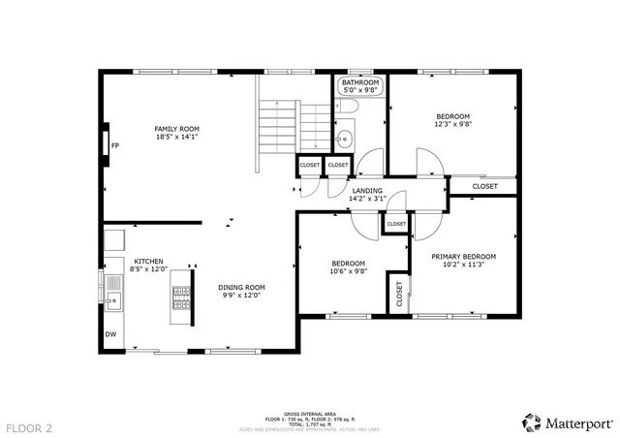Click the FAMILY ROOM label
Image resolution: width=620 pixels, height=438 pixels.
tap(176, 129)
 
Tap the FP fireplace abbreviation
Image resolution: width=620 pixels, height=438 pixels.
tap(114, 146)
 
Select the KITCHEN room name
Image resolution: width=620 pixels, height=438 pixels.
tap(148, 262)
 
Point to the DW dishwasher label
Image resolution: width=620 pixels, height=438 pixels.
tap(110, 335)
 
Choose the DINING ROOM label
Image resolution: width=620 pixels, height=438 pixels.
tap(241, 287)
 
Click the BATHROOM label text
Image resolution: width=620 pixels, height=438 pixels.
tap(359, 83)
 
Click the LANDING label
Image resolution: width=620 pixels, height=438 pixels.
tap(367, 191)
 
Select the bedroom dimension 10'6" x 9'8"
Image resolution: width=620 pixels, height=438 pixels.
tap(349, 272)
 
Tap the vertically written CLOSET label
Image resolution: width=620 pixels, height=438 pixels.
tap(399, 295)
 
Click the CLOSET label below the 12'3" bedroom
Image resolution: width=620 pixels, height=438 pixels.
tap(485, 186)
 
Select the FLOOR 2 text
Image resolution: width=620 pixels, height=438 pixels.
tap(29, 426)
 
